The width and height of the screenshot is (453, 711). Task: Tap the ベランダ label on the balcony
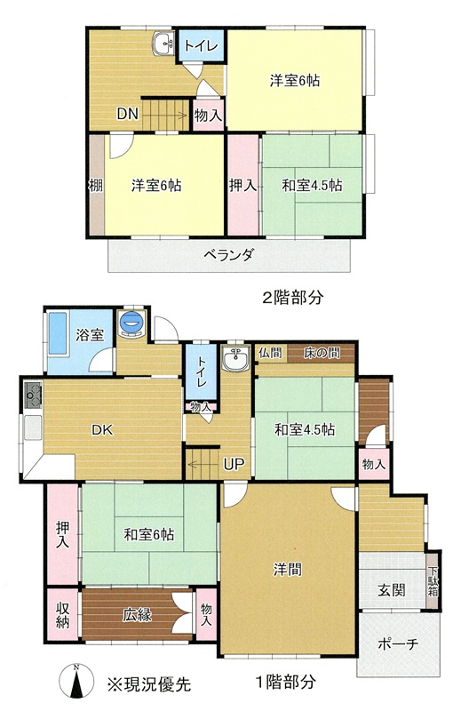pyautogui.click(x=228, y=254)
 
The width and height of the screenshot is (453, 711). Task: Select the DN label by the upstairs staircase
pyautogui.click(x=127, y=114)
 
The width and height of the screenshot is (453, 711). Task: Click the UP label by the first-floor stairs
pyautogui.click(x=234, y=463)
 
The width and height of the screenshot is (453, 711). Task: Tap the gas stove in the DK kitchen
pyautogui.click(x=34, y=394)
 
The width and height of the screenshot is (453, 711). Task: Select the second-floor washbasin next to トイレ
pyautogui.click(x=163, y=44)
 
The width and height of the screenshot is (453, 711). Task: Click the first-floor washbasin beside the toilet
pyautogui.click(x=236, y=358)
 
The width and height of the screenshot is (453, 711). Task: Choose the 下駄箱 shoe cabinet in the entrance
pyautogui.click(x=433, y=579)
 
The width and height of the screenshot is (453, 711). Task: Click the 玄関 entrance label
pyautogui.click(x=392, y=590)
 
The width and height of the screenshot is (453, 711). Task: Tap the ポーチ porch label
pyautogui.click(x=398, y=643)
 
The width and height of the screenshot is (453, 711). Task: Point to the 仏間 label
pyautogui.click(x=270, y=353)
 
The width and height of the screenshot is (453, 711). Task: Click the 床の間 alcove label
pyautogui.click(x=322, y=353)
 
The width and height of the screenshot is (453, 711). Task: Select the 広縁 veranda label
pyautogui.click(x=137, y=615)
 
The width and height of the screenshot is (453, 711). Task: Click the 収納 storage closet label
pyautogui.click(x=62, y=615)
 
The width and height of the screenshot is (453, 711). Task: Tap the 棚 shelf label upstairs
pyautogui.click(x=96, y=185)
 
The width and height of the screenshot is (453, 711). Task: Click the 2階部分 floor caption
pyautogui.click(x=293, y=298)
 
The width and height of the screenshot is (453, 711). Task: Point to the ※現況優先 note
pyautogui.click(x=149, y=683)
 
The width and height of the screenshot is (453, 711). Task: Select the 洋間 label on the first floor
pyautogui.click(x=288, y=569)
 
